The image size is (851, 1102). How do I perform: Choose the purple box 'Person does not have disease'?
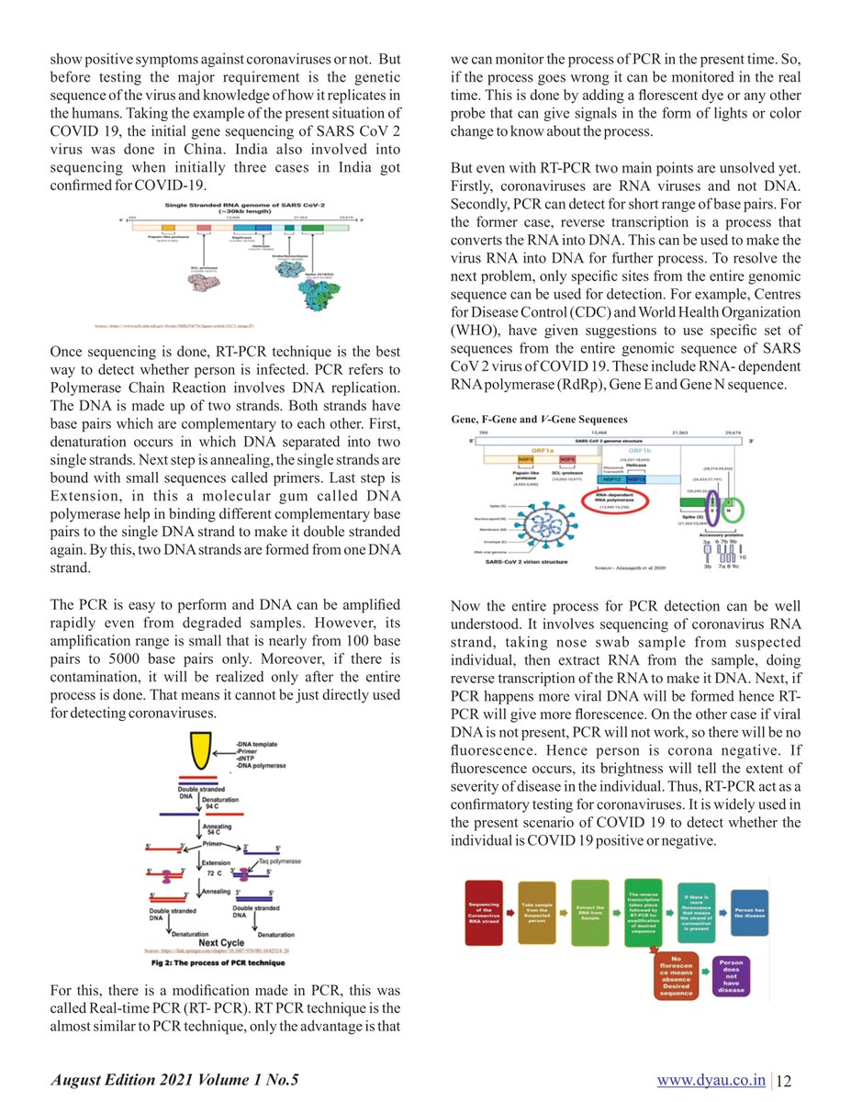click(732, 976)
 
